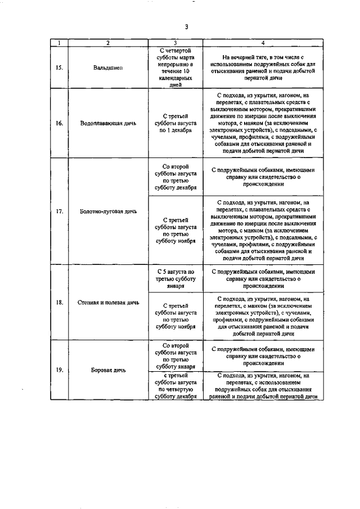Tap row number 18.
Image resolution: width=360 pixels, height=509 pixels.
pyautogui.click(x=59, y=302)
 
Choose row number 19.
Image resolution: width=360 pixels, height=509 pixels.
pyautogui.click(x=59, y=370)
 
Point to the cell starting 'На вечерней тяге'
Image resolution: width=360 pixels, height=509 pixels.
pyautogui.click(x=263, y=68)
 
